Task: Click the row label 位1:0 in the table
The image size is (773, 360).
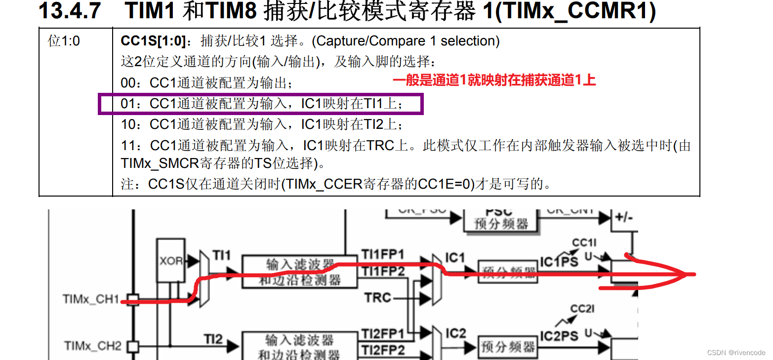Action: (x=64, y=41)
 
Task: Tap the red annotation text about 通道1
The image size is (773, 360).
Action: (x=494, y=80)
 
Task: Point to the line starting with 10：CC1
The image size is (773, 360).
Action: (x=262, y=124)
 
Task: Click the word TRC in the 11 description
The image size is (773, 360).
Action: (x=380, y=146)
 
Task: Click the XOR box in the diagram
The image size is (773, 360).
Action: (x=171, y=261)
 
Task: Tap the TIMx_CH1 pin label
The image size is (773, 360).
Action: (x=91, y=299)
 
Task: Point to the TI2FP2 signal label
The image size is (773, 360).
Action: (x=383, y=350)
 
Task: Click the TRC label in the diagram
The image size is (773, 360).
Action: (x=377, y=297)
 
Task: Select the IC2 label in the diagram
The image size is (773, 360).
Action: (x=455, y=334)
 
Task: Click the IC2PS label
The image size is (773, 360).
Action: (x=559, y=336)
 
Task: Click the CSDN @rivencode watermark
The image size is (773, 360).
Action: (x=736, y=353)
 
